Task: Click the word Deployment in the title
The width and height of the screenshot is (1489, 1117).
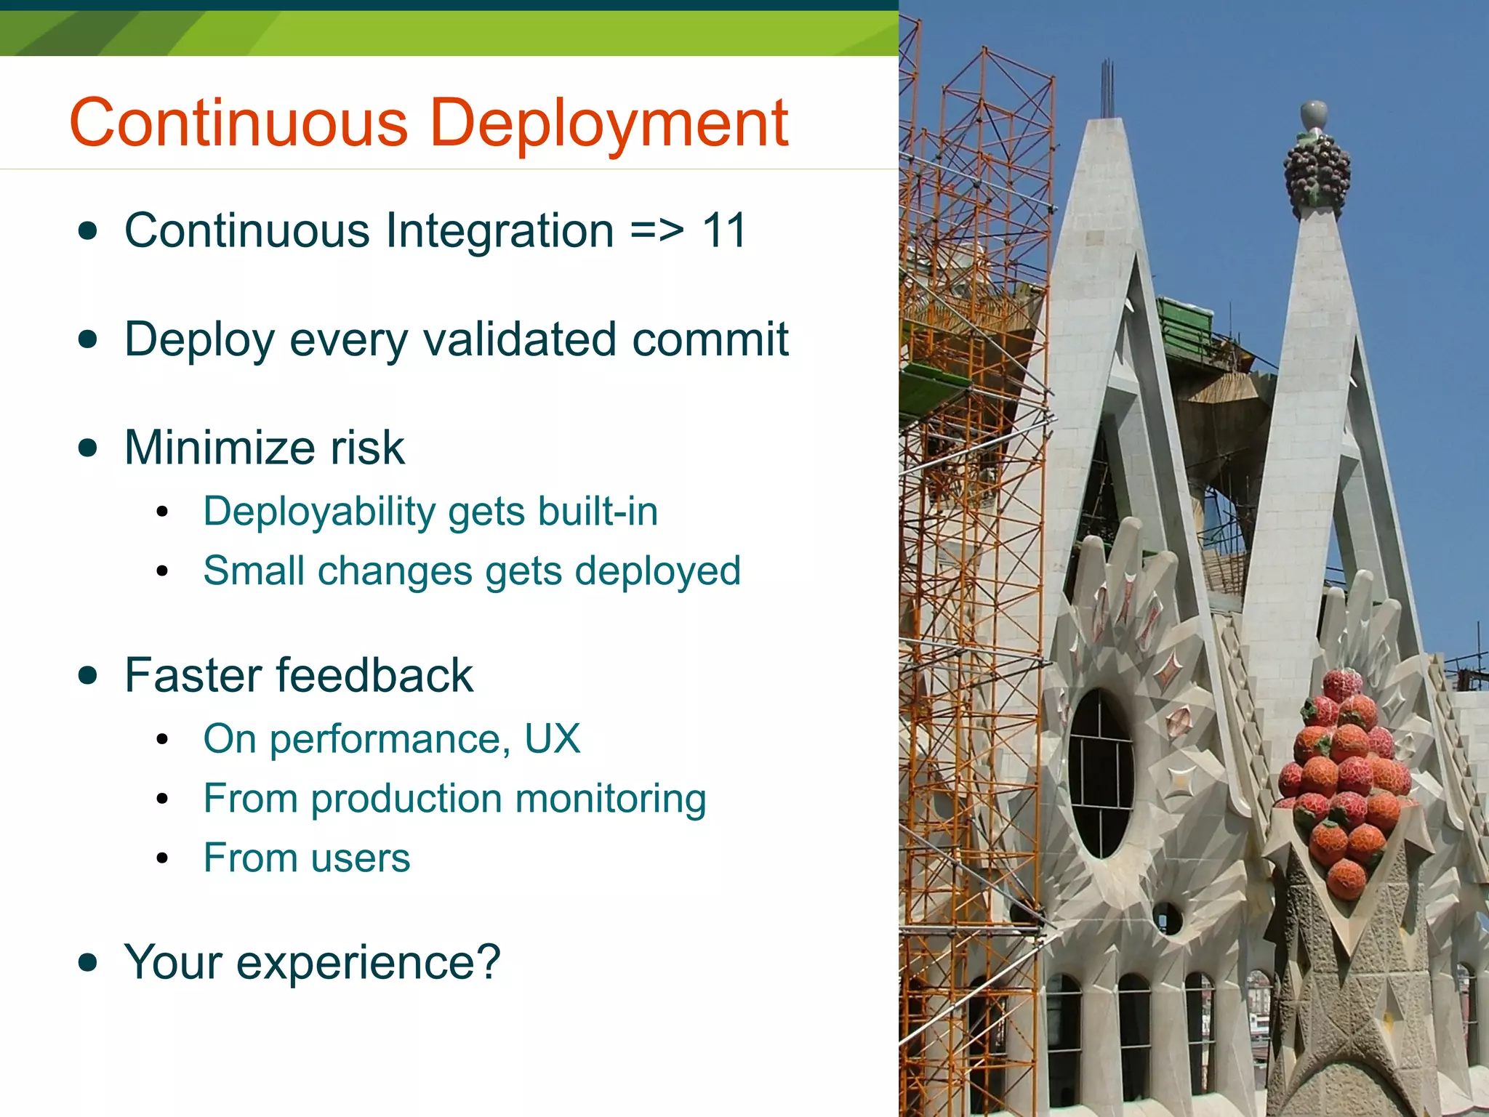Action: [x=609, y=124]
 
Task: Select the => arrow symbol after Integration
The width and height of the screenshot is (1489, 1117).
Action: [x=657, y=231]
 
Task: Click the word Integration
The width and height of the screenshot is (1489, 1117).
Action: [x=499, y=231]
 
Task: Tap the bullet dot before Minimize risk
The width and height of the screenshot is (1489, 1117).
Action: [x=88, y=448]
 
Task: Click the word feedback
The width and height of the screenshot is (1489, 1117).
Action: [x=374, y=675]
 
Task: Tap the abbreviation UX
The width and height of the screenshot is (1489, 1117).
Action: [x=552, y=739]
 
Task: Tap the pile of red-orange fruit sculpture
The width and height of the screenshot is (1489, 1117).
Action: [x=1345, y=778]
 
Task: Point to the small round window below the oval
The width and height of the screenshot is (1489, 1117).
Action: [x=1167, y=919]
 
